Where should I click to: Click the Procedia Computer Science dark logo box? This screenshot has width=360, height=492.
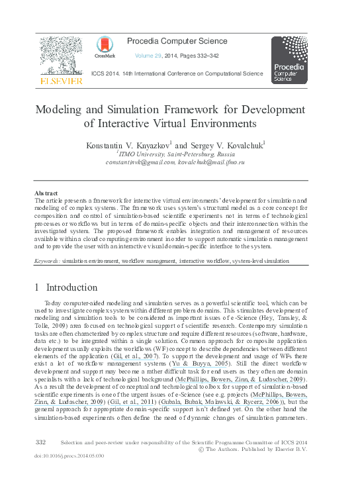[x=289, y=60]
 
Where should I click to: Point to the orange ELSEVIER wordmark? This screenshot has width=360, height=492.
[x=61, y=81]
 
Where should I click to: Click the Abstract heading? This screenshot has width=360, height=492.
[x=46, y=193]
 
